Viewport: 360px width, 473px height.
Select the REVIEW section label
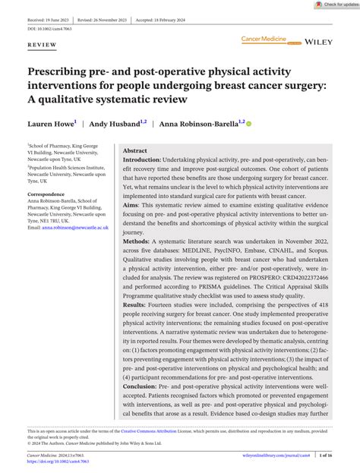[42, 46]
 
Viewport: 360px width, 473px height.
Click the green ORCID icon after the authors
[248, 122]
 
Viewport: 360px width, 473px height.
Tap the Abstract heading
[135, 151]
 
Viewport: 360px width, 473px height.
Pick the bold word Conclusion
[143, 387]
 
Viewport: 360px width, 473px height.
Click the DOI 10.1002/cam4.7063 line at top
[50, 27]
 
